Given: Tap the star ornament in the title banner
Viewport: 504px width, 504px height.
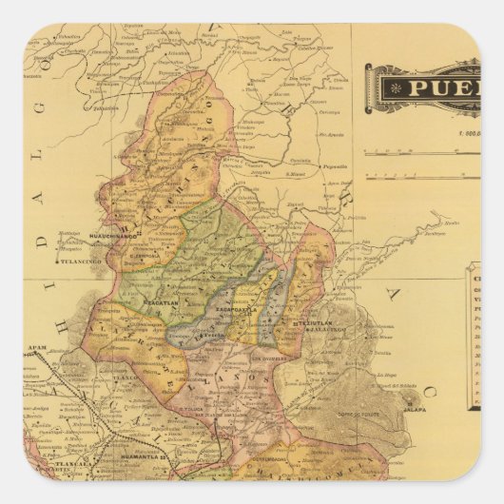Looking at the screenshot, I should click(389, 88).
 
